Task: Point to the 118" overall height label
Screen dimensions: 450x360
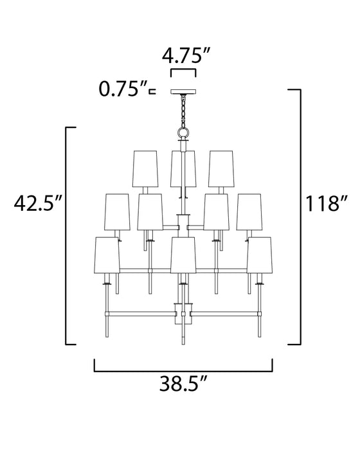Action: point(327,204)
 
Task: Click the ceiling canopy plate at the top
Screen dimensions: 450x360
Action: point(183,91)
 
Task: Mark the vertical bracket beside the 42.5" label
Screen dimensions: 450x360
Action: point(68,236)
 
